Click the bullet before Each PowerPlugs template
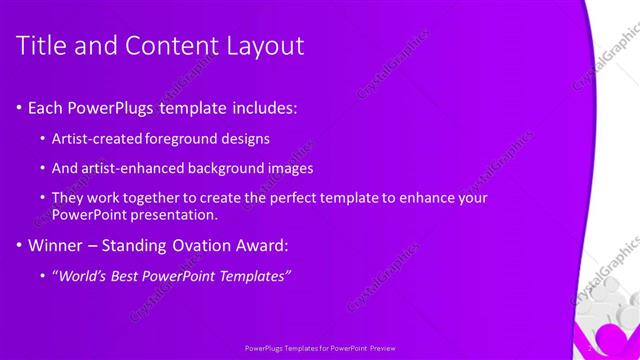21,106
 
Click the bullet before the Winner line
21,245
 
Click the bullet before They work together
42,198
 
